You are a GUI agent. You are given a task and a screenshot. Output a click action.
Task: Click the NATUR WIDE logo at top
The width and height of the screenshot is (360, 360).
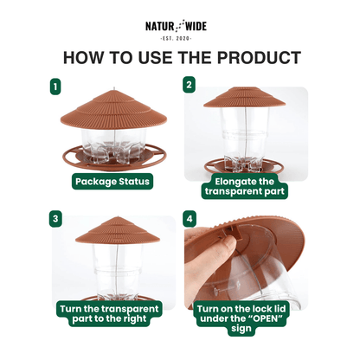(x=179, y=27)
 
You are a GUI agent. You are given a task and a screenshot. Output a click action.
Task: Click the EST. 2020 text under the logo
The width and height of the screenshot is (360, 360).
(x=179, y=38)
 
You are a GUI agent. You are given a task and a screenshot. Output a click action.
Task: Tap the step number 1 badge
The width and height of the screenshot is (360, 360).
(x=56, y=87)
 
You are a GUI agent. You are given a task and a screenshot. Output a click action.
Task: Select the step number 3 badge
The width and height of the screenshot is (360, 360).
(x=56, y=219)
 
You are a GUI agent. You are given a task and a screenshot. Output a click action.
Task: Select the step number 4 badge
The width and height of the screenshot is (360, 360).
(x=190, y=219)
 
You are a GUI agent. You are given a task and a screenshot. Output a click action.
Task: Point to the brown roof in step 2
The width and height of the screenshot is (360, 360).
(x=247, y=98)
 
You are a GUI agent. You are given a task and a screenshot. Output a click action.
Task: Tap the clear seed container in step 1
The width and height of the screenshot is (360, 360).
(x=112, y=143)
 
